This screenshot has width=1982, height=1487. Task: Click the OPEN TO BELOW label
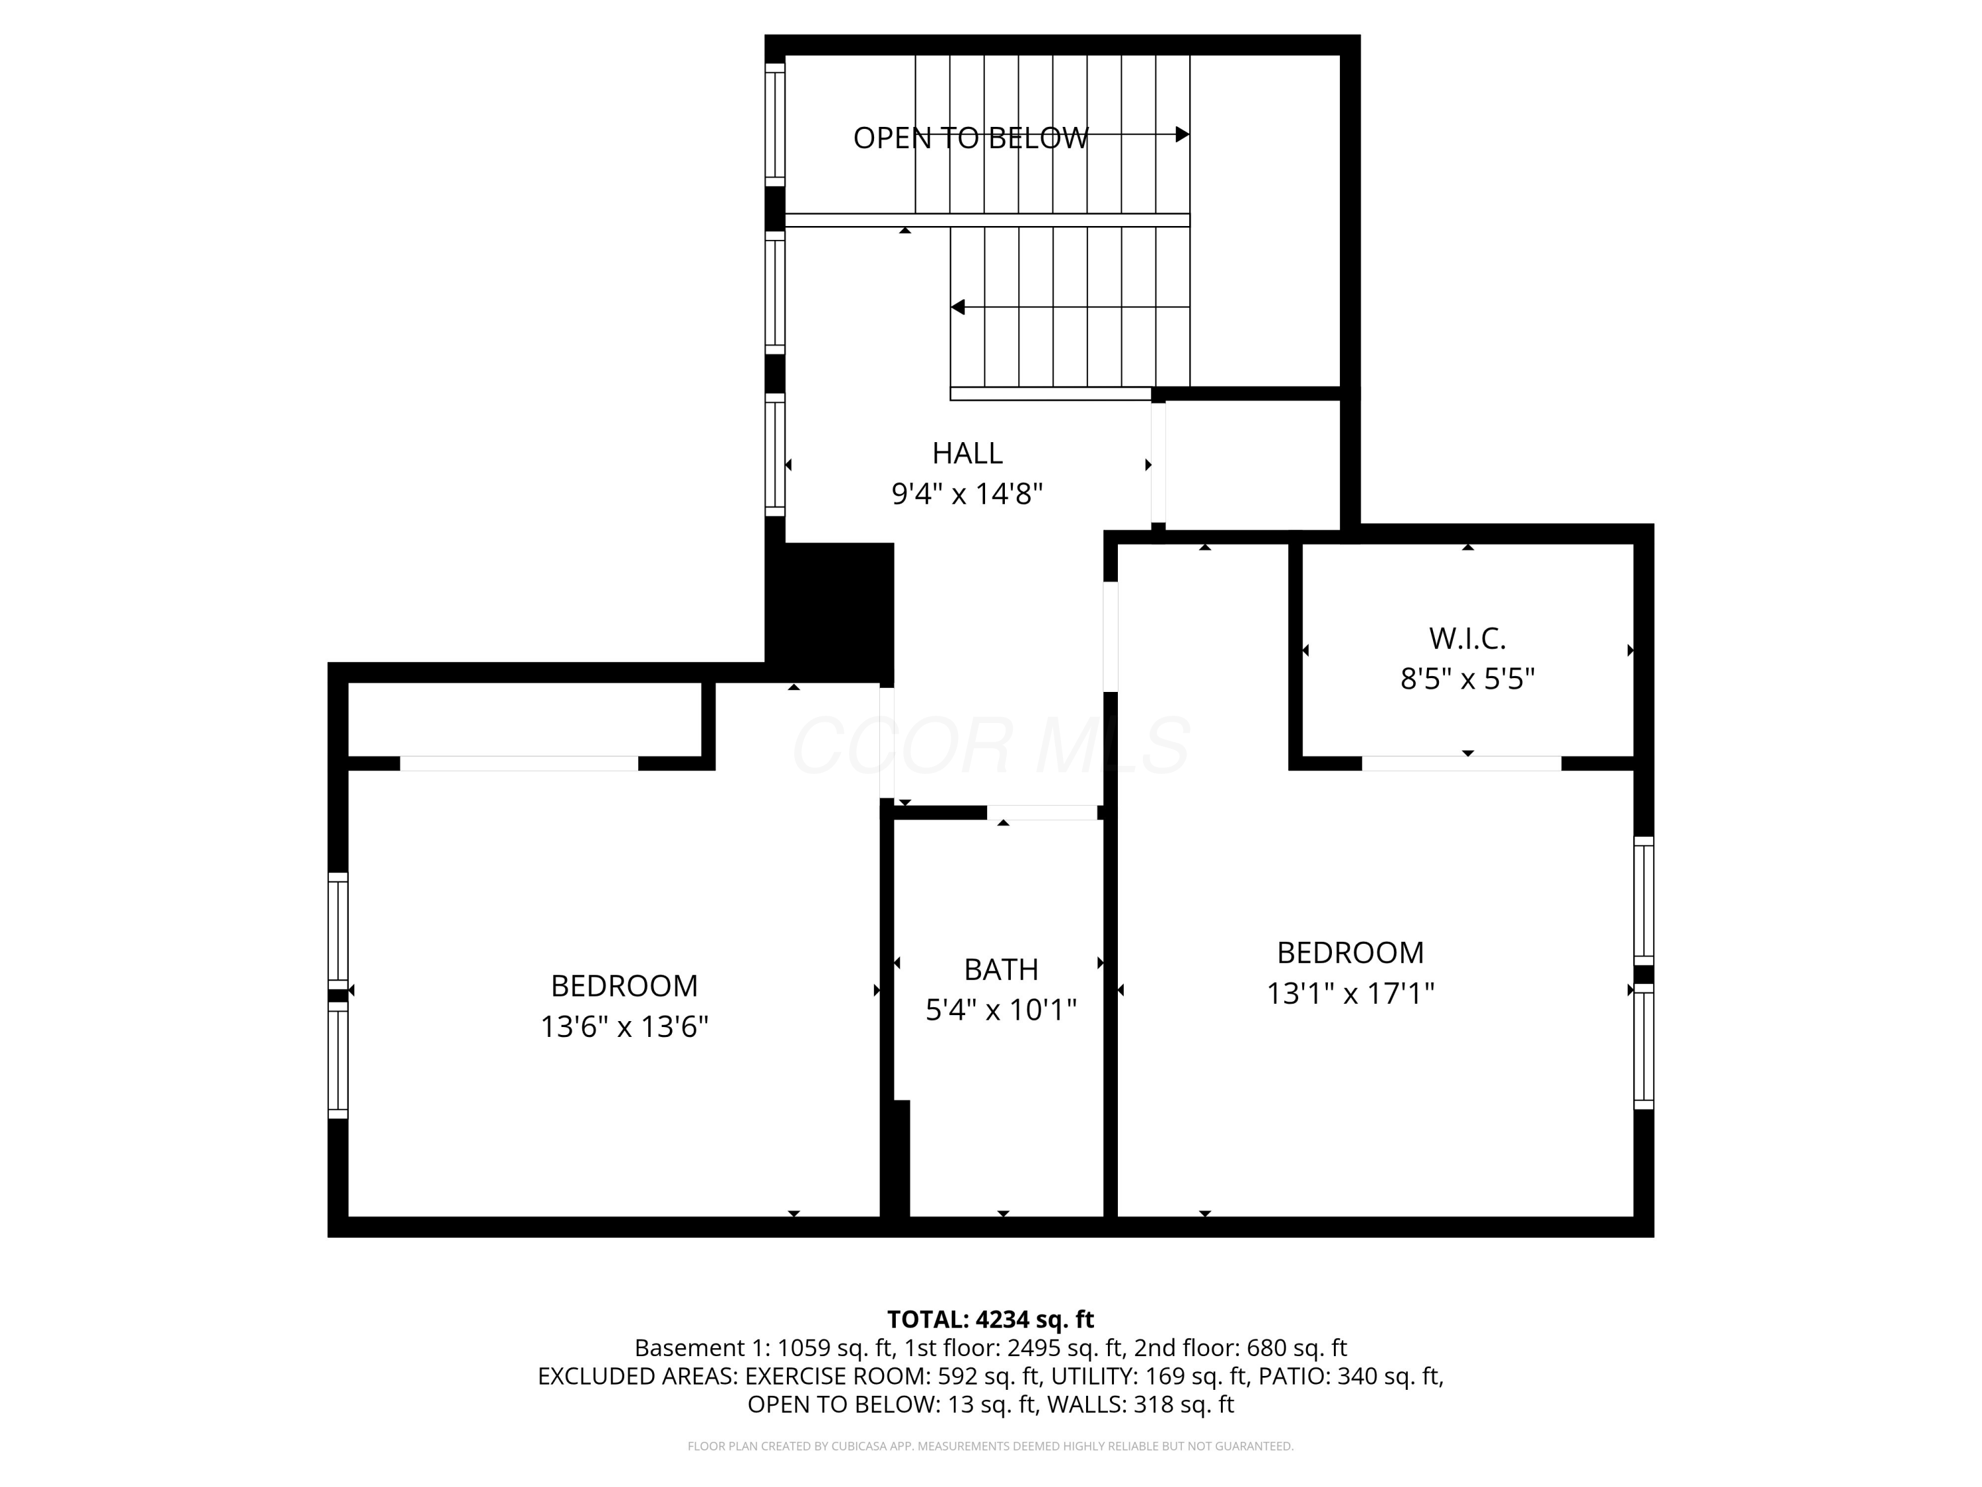tap(971, 138)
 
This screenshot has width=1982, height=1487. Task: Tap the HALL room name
tap(967, 453)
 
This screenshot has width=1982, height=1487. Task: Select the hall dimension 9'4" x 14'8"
tap(967, 494)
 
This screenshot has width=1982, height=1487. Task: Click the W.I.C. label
tap(1467, 639)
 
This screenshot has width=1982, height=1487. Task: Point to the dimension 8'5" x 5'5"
tap(1467, 679)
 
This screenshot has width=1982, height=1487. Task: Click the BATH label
tap(1001, 970)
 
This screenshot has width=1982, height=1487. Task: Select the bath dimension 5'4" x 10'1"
tap(1001, 1010)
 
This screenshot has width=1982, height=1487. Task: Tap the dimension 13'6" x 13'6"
tap(624, 1026)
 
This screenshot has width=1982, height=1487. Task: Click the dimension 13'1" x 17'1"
tap(1349, 993)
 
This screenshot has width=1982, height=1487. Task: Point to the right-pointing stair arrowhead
tap(1182, 134)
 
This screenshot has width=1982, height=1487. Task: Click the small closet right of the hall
tap(1251, 465)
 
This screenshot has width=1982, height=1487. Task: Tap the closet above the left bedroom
tap(524, 719)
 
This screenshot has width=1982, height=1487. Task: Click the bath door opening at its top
tap(1041, 813)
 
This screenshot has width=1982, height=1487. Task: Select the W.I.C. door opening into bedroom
tap(1461, 764)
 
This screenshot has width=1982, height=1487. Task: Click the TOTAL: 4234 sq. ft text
tap(990, 1319)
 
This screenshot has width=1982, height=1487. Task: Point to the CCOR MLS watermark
tap(990, 745)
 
